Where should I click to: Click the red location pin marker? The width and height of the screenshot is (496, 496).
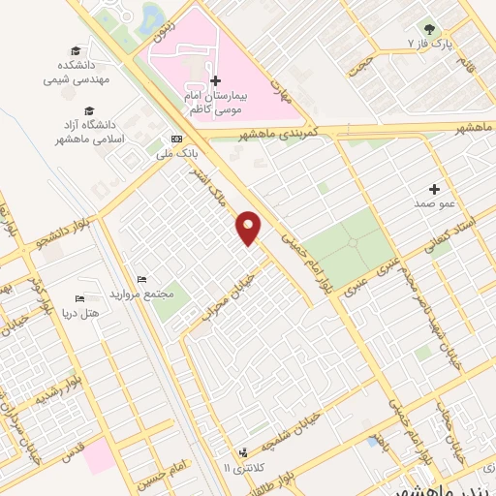(250, 227)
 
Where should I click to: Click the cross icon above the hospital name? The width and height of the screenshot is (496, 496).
(216, 80)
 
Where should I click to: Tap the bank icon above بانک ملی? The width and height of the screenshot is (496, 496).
(175, 139)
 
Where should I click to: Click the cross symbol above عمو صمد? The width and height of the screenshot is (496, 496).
(434, 189)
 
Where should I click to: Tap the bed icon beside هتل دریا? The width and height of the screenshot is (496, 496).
(79, 298)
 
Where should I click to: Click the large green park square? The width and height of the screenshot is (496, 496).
(349, 249)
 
